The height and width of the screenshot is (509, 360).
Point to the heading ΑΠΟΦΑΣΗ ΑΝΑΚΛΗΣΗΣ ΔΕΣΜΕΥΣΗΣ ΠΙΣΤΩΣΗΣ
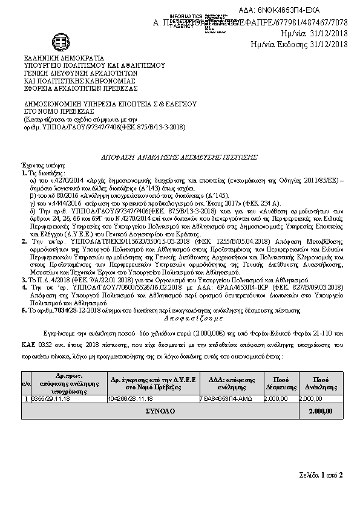coord(175,157)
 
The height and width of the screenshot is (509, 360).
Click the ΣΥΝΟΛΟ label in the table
coord(160,411)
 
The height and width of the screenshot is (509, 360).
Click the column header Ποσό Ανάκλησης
coord(321,382)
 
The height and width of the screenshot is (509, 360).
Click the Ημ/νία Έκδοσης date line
coord(299,44)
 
